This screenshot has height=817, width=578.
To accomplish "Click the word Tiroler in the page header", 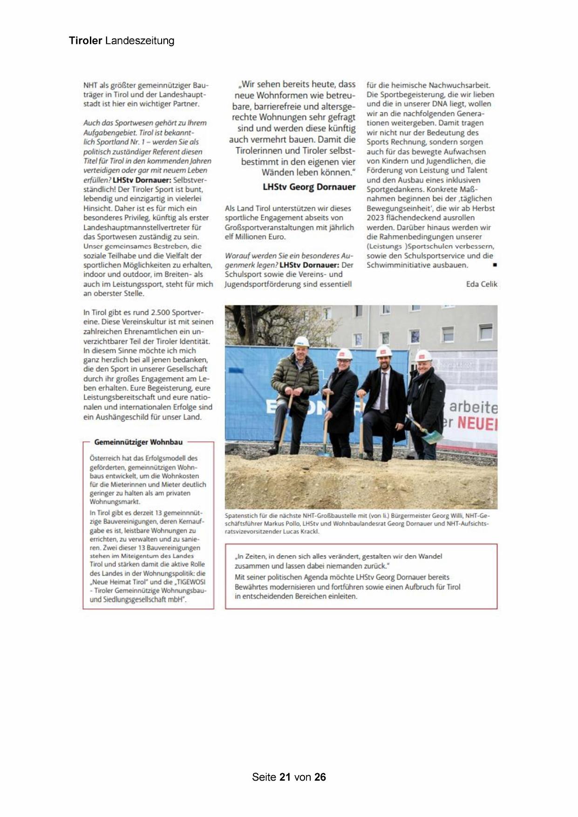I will [x=85, y=41].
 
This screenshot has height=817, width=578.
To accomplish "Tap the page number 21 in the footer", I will [x=285, y=777].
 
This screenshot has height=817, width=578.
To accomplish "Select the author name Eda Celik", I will [x=482, y=284].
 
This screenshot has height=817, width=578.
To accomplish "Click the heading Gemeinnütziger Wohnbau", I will [x=138, y=442].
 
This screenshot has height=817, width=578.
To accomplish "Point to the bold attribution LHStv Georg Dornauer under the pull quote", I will [x=309, y=187].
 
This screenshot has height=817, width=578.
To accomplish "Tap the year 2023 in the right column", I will [x=375, y=218].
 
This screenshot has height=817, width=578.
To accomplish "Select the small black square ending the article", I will [x=495, y=265].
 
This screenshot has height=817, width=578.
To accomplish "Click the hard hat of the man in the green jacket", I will [x=301, y=342].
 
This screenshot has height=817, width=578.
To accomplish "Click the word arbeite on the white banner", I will [x=473, y=407].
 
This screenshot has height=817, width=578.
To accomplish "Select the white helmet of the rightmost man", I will [x=423, y=356].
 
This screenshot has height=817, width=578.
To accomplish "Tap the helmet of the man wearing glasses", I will [x=344, y=354].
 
